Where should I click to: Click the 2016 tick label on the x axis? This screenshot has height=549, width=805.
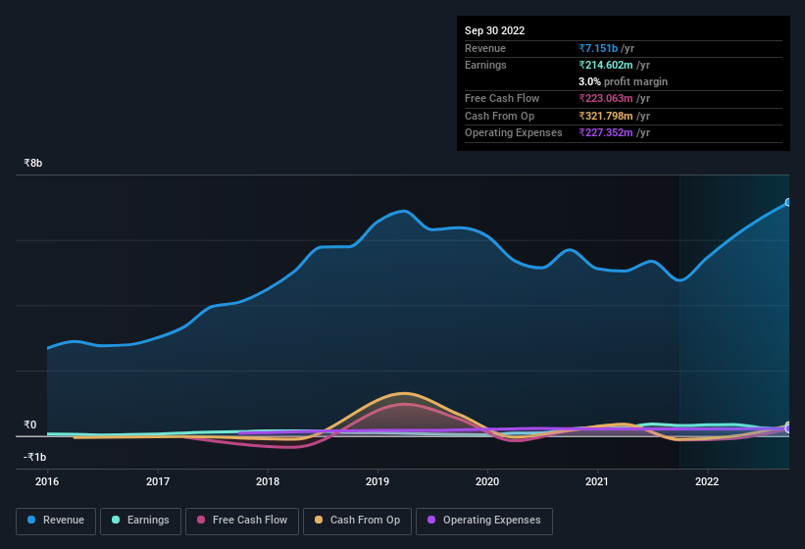coord(47,481)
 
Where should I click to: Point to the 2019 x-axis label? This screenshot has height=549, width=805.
coord(377,481)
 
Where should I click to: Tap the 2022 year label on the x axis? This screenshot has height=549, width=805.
coord(707,481)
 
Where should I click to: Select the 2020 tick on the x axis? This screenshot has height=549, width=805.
coord(487,481)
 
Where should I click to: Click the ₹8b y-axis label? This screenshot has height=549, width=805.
coord(33,163)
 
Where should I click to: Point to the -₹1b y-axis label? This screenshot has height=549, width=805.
coord(35,457)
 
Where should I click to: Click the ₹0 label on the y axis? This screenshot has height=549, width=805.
coord(29,425)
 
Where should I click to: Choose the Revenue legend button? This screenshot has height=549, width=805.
coord(56,521)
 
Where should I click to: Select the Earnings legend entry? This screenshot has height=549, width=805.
coord(140,521)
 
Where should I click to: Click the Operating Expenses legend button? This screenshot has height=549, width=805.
coord(484,521)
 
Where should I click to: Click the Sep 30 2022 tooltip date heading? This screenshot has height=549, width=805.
coord(495,30)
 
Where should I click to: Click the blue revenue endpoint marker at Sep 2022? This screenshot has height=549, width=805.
coord(787,203)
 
